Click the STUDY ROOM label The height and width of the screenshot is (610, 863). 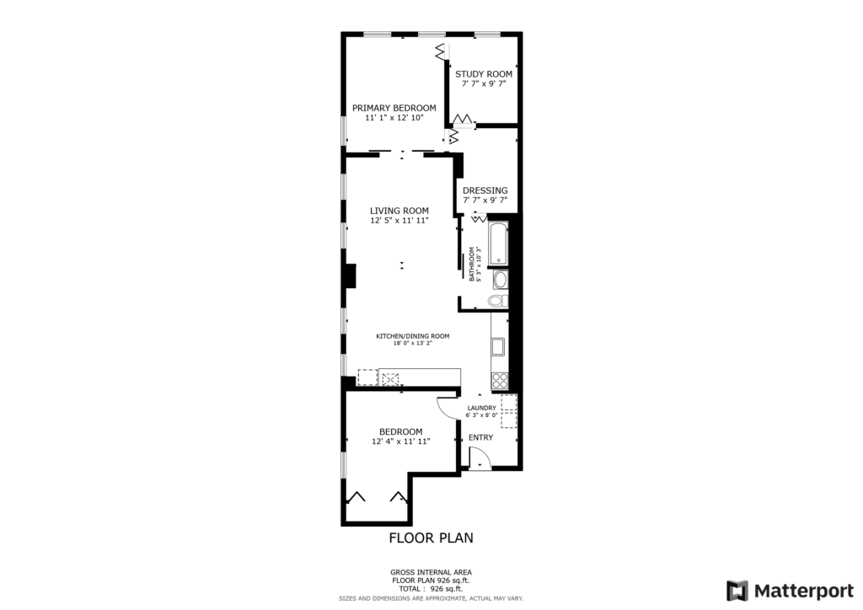point(483,73)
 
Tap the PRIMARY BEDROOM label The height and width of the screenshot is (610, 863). point(394,109)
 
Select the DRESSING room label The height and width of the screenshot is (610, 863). point(485,190)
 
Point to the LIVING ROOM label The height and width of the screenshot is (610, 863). point(399,211)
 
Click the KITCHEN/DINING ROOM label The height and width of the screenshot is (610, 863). point(413,336)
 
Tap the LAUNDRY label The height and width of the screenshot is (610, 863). point(481,408)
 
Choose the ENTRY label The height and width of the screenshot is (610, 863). point(480,438)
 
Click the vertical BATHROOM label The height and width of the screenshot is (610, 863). point(472,264)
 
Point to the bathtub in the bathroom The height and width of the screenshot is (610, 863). point(498,243)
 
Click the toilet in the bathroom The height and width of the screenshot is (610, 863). point(498,301)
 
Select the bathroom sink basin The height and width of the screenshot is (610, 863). point(500,280)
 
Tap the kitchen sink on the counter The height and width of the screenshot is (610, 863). point(498,347)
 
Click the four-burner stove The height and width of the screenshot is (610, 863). point(499,381)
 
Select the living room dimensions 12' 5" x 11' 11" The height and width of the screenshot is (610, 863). point(399,221)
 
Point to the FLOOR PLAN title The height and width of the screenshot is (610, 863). point(431,538)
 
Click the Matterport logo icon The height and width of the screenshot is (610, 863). point(737,591)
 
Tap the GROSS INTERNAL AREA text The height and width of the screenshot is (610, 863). point(431,573)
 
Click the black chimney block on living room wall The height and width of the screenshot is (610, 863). point(349,276)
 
